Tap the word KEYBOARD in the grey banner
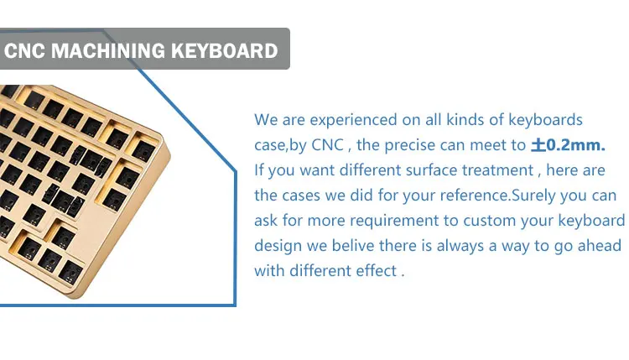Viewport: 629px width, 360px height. pos(224,50)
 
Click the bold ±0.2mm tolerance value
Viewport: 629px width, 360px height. pos(568,145)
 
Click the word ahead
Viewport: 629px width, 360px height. pos(598,246)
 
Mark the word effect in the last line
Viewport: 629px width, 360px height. pos(377,272)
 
